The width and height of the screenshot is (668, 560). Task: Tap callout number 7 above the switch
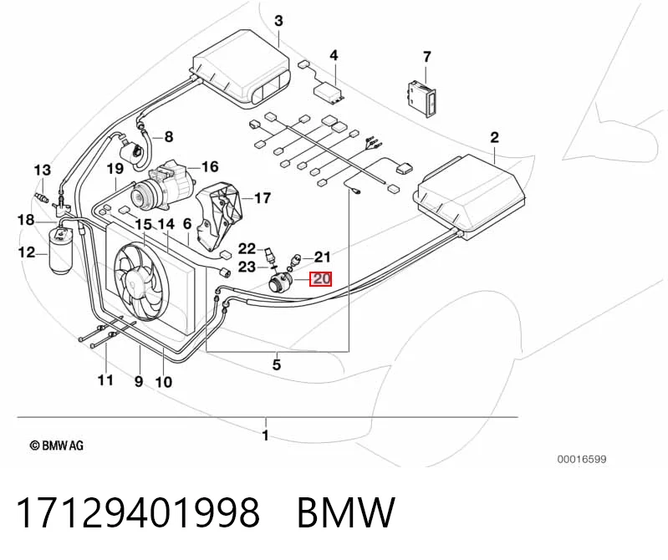427,57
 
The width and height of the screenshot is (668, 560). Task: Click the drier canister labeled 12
60,252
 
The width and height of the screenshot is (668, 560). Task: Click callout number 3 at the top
278,21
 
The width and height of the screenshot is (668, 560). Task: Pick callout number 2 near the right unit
494,138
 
